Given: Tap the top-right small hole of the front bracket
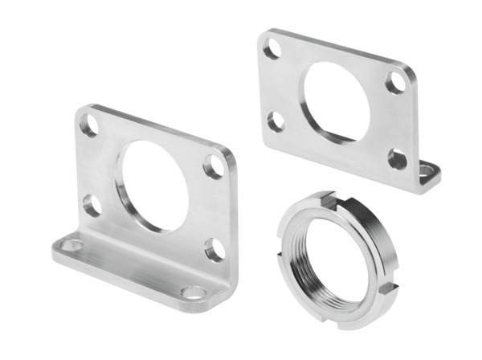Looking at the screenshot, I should pos(214,166).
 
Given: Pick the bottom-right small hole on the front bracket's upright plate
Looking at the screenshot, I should pos(213,249).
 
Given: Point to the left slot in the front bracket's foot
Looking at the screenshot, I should pos(73,245).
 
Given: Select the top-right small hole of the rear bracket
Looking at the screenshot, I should pos(396,82).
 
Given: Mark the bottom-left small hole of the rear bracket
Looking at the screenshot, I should pos(276,121).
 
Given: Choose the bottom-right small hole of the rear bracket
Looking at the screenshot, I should pos(397,158).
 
